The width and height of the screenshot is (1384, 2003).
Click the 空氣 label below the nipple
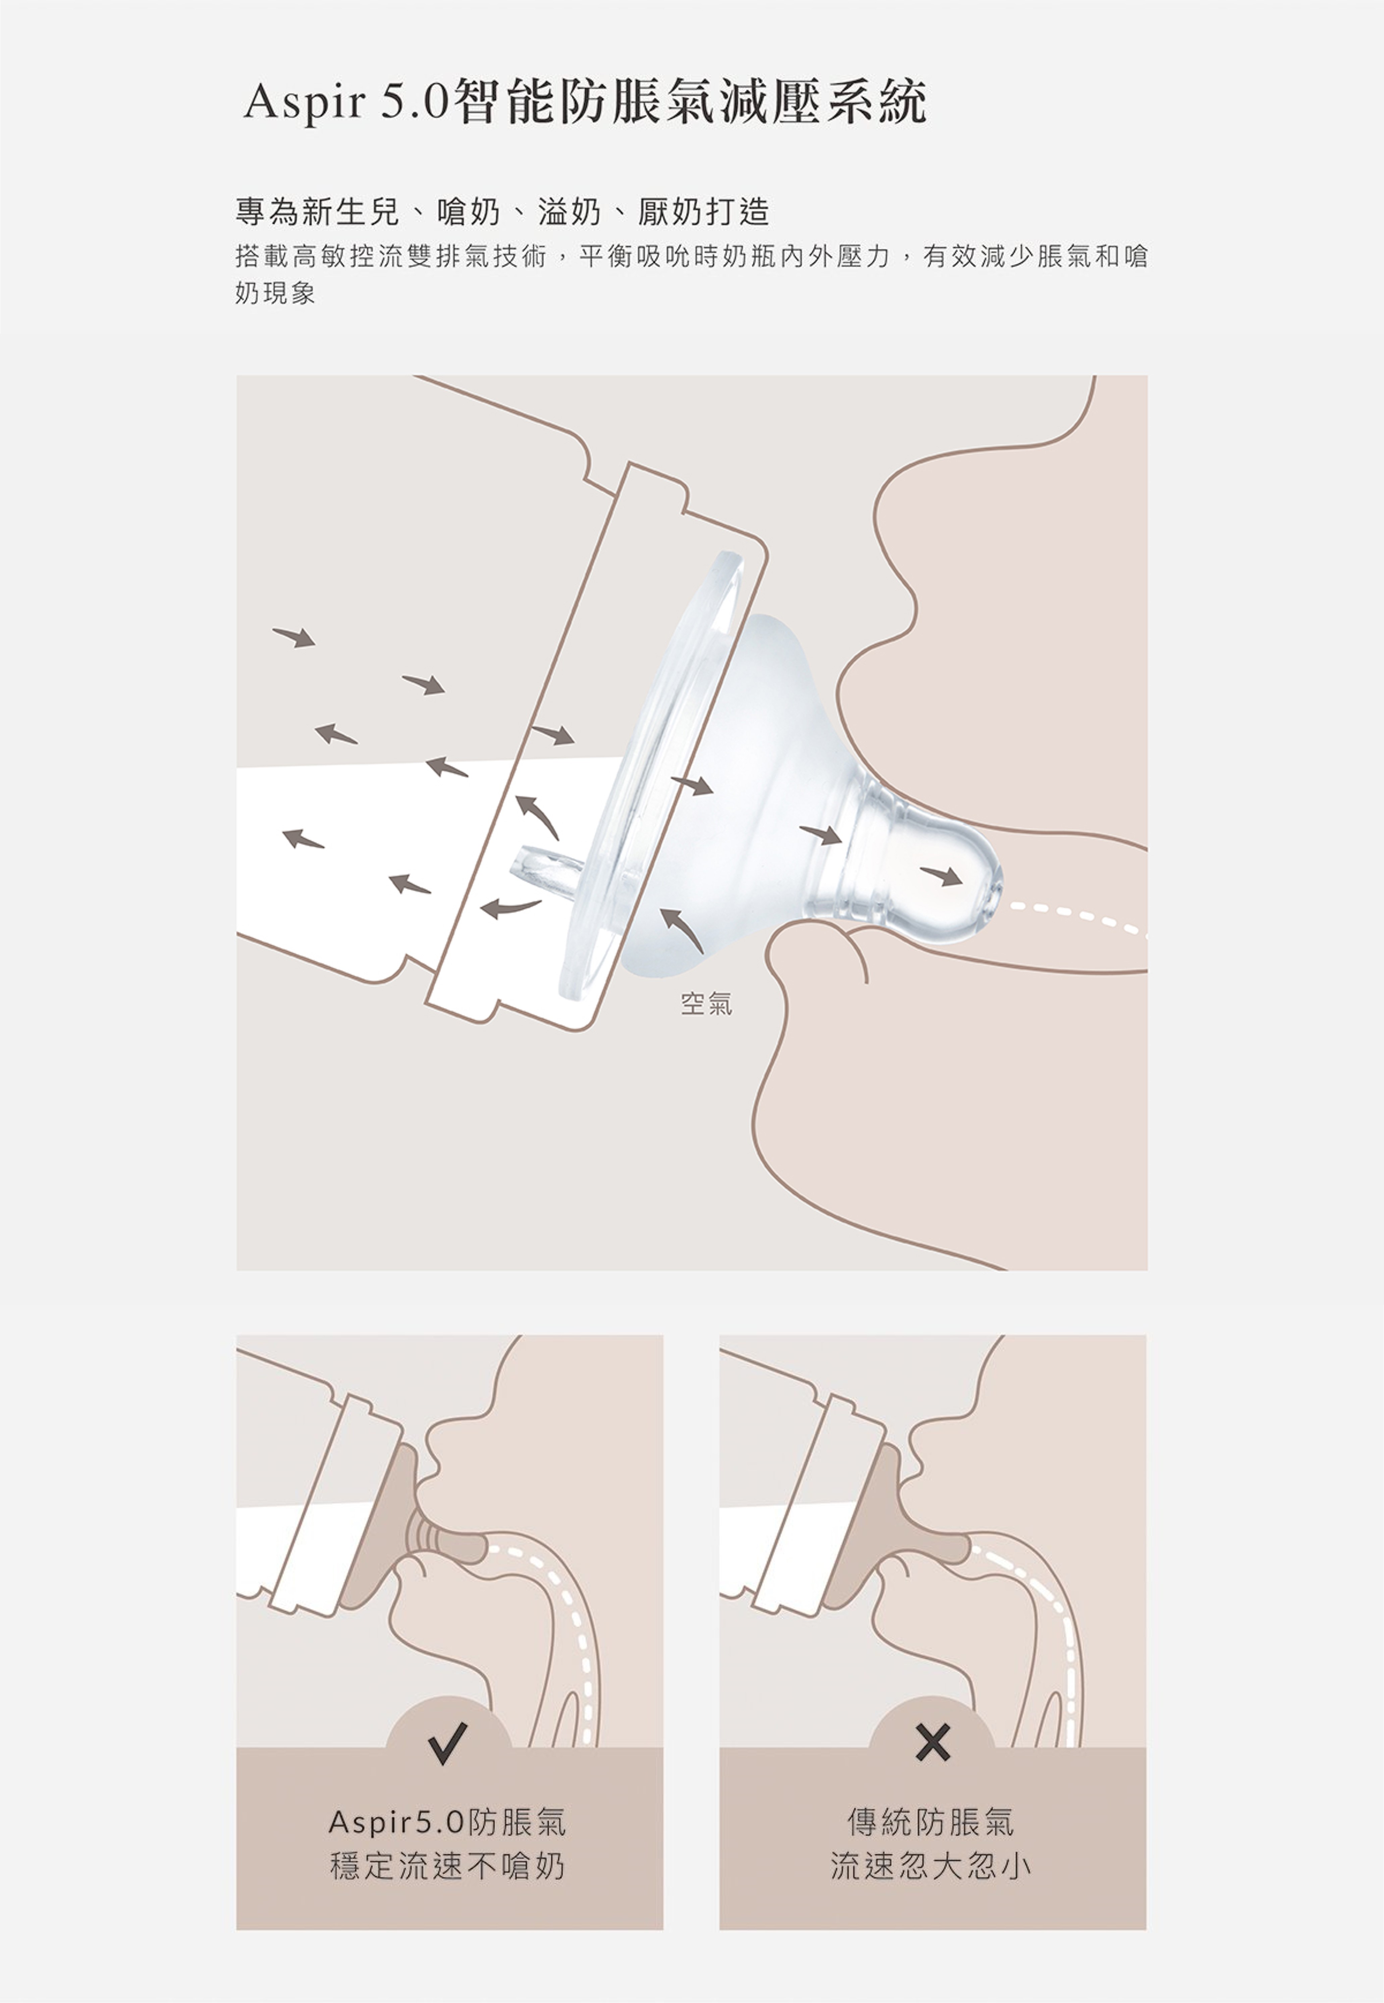coord(707,1004)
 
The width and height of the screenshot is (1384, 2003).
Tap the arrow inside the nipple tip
coord(941,875)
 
